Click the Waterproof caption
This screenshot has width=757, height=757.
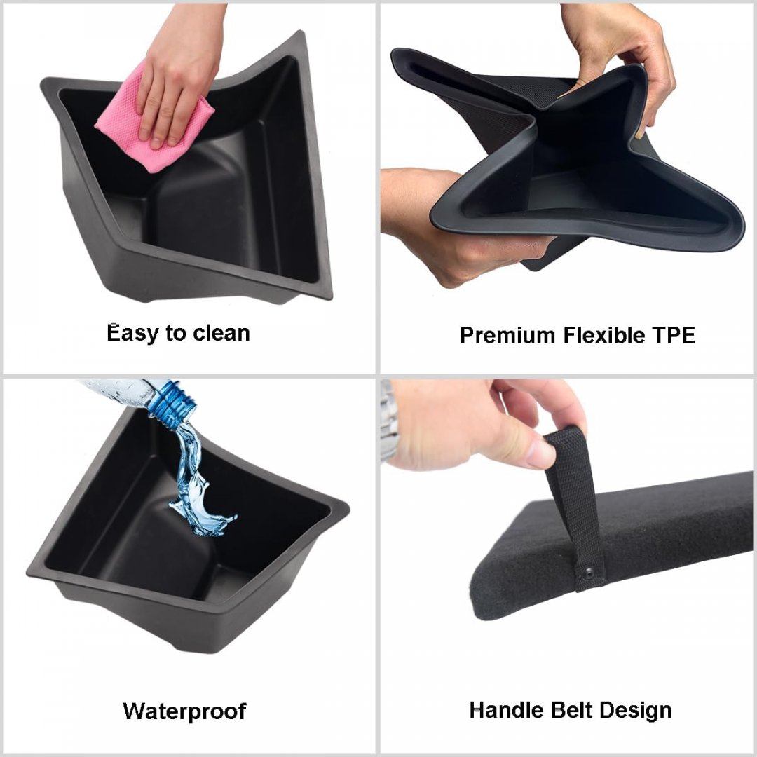coord(184,711)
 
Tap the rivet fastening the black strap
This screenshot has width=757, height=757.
coord(588,574)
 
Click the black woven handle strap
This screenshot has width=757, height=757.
coord(575,507)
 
